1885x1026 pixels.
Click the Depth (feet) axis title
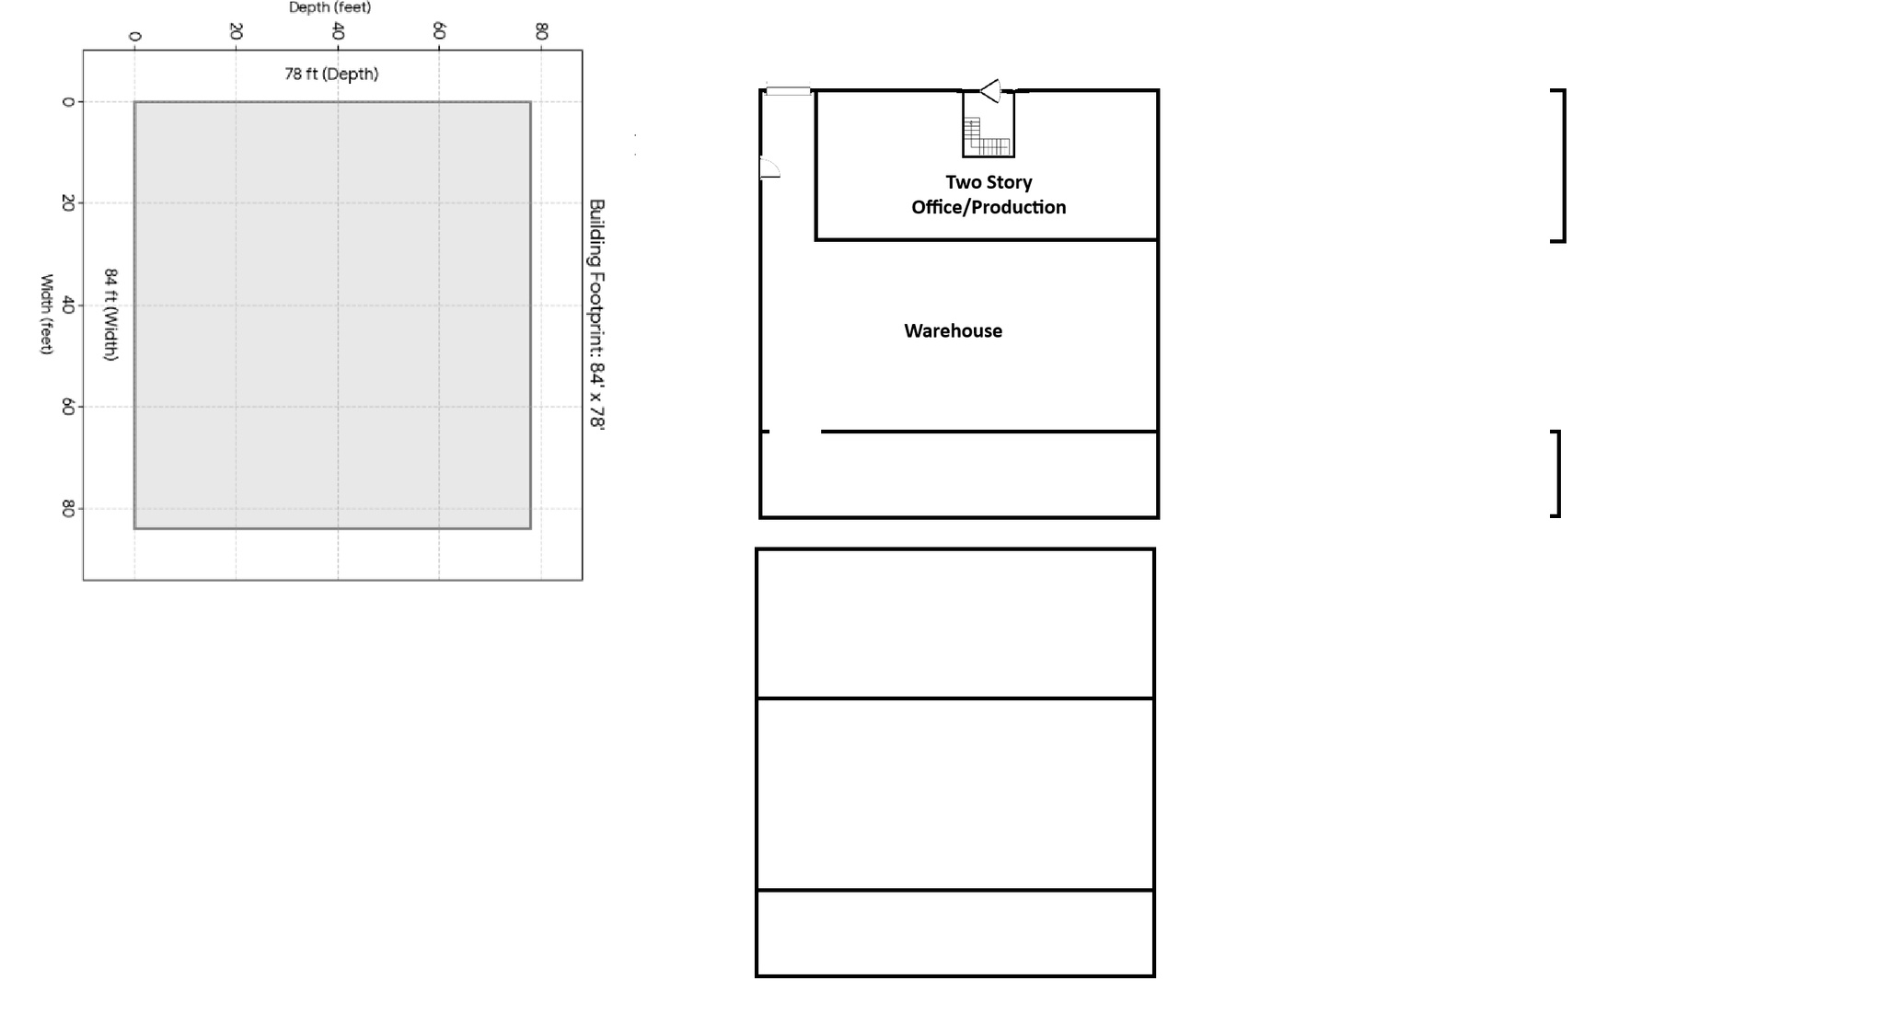pos(330,7)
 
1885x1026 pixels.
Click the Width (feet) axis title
pos(46,314)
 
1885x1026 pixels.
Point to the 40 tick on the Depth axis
pos(337,32)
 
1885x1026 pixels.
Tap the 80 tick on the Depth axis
pos(541,32)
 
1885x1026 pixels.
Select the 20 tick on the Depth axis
pos(236,32)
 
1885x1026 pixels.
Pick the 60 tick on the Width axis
pos(67,406)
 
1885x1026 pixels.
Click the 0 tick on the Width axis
pos(67,101)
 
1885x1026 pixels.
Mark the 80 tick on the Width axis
pos(67,508)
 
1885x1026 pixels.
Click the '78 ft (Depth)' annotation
pos(331,74)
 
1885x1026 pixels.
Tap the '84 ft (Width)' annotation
pos(110,315)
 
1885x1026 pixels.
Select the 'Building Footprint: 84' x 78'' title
pos(596,315)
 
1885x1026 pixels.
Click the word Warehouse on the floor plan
pos(953,330)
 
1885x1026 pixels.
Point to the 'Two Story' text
pos(989,182)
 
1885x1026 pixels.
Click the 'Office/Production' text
pos(989,207)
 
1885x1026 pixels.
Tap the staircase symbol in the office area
pos(989,136)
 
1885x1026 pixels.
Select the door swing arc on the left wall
pos(770,167)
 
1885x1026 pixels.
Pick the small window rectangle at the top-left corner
pos(789,91)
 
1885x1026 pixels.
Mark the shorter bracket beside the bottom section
pos(1557,474)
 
